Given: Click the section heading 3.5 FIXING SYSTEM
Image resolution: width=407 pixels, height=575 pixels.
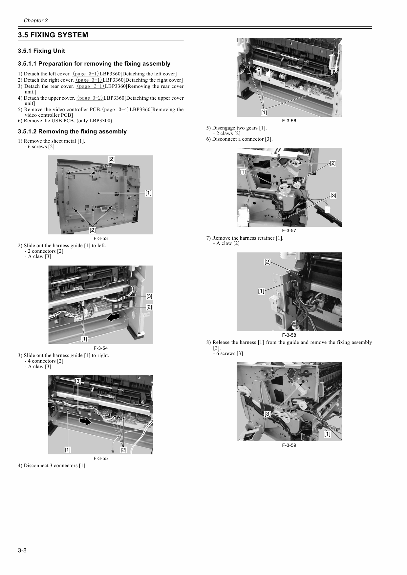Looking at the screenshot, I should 53,35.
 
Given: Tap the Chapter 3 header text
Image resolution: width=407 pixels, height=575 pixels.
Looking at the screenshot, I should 36,21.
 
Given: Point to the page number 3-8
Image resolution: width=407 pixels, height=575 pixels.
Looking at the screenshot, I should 22,550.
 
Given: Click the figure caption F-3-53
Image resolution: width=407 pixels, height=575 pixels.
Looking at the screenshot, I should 100,238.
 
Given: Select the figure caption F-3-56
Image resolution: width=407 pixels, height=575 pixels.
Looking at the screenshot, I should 289,121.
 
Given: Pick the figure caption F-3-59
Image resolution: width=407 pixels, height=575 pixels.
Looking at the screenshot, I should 289,445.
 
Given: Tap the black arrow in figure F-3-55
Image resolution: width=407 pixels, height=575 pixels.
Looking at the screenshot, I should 85,421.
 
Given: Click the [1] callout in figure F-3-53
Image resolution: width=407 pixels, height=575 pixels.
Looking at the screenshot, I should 148,193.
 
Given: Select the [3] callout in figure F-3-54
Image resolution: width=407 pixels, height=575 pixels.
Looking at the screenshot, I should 149,296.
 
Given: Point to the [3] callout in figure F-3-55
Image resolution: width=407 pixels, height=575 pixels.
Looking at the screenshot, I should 78,381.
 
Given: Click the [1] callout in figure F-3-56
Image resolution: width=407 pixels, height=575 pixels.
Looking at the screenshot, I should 264,113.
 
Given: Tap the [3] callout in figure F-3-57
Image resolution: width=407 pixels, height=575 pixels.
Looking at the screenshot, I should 333,196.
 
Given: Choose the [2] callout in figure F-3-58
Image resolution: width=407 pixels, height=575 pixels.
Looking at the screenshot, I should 268,262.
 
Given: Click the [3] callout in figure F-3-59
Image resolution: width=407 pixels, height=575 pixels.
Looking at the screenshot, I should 268,414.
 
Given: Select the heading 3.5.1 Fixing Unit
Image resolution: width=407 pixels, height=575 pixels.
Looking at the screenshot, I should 41,51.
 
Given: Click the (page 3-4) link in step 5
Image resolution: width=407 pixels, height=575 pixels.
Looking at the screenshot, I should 115,109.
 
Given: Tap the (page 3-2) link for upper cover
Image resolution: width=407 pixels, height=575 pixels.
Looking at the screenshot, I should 90,98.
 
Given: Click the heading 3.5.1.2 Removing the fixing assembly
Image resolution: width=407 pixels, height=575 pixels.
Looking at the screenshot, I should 72,131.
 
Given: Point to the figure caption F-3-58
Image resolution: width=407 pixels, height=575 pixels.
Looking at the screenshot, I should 289,335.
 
